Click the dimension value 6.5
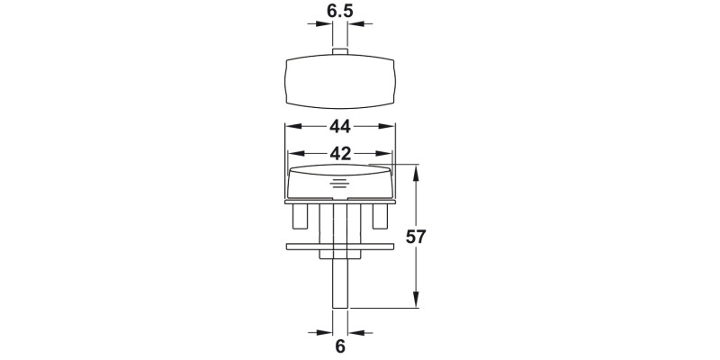point(340,12)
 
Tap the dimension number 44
point(339,126)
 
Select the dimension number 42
point(339,153)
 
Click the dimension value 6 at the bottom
point(340,345)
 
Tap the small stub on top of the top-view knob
point(340,52)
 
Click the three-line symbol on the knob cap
point(340,184)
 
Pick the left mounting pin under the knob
point(302,217)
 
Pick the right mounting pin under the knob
point(379,217)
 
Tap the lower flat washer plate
point(340,246)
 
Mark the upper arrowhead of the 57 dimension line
point(416,171)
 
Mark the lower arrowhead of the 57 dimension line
point(416,303)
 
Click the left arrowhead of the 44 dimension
point(291,126)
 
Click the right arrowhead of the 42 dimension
point(388,153)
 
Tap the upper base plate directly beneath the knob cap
point(340,202)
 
